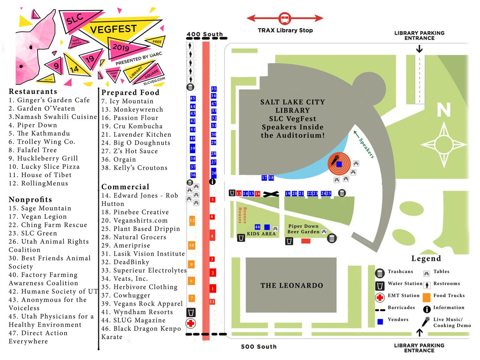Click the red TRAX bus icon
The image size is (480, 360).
click(x=285, y=18)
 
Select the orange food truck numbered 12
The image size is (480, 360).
click(x=192, y=220)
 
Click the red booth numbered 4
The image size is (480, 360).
click(x=212, y=236)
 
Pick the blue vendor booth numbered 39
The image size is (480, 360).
click(x=193, y=148)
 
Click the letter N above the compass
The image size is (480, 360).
click(x=444, y=109)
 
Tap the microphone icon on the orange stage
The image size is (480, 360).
click(x=335, y=160)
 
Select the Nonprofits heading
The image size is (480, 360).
click(x=30, y=199)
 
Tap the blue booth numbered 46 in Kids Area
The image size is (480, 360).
click(x=258, y=227)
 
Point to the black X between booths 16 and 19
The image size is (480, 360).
click(x=273, y=194)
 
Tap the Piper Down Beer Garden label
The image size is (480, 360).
click(x=303, y=229)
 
